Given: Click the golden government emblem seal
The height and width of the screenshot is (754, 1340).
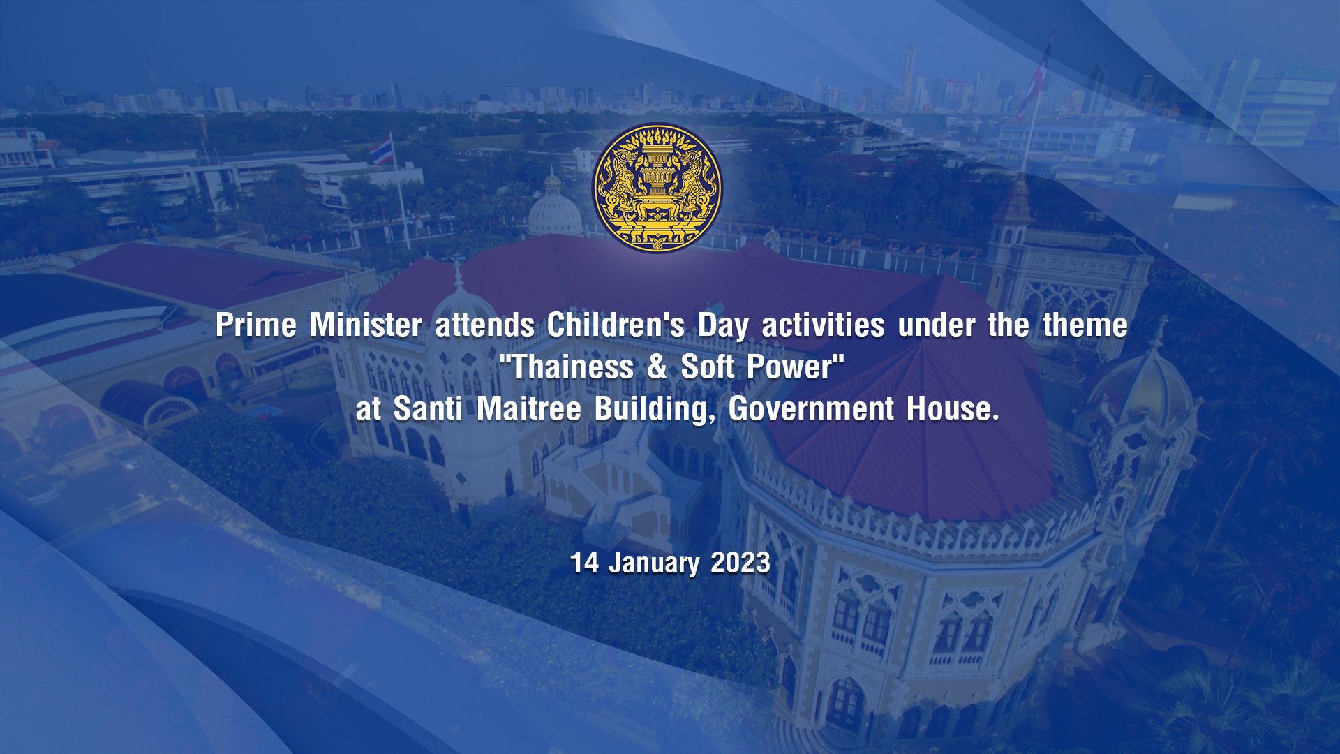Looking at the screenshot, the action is [657, 188].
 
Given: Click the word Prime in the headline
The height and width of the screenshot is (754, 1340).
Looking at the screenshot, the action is [256, 325].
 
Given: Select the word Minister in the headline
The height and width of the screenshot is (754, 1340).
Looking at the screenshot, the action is [366, 325].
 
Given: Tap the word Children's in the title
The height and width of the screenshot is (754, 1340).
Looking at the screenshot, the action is [616, 325].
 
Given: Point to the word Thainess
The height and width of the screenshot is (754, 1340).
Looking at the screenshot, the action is [573, 367].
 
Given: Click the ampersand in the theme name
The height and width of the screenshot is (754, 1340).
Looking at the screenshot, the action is [657, 367].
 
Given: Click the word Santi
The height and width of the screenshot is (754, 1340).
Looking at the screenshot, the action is [428, 408].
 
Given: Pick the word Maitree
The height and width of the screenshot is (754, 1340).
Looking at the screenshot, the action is [528, 408].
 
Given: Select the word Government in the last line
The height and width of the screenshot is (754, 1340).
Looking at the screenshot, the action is [811, 408].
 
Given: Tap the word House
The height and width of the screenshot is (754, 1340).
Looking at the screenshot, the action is [953, 408].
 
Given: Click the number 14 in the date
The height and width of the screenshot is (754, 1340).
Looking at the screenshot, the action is [584, 563].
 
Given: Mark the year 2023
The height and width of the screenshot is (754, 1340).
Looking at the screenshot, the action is [740, 563].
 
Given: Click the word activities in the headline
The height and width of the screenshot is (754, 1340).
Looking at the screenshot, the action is [824, 325].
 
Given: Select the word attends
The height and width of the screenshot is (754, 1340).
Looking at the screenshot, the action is [485, 325].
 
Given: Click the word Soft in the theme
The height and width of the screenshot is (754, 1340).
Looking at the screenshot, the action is [707, 367].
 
